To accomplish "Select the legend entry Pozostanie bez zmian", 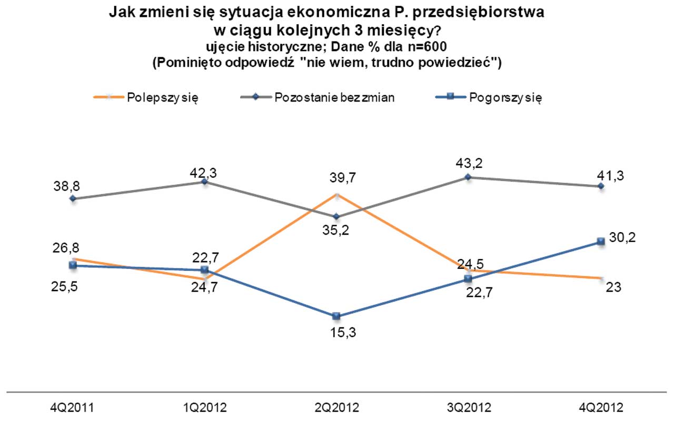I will [334, 97].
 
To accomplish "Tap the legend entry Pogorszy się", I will [506, 97].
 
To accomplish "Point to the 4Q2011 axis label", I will [73, 407].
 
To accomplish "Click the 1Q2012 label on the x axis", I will [204, 407].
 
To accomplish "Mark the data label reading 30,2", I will [622, 237].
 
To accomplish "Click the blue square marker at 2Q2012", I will [336, 316].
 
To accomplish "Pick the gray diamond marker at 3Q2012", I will [468, 177].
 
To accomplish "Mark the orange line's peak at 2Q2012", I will [336, 195].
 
